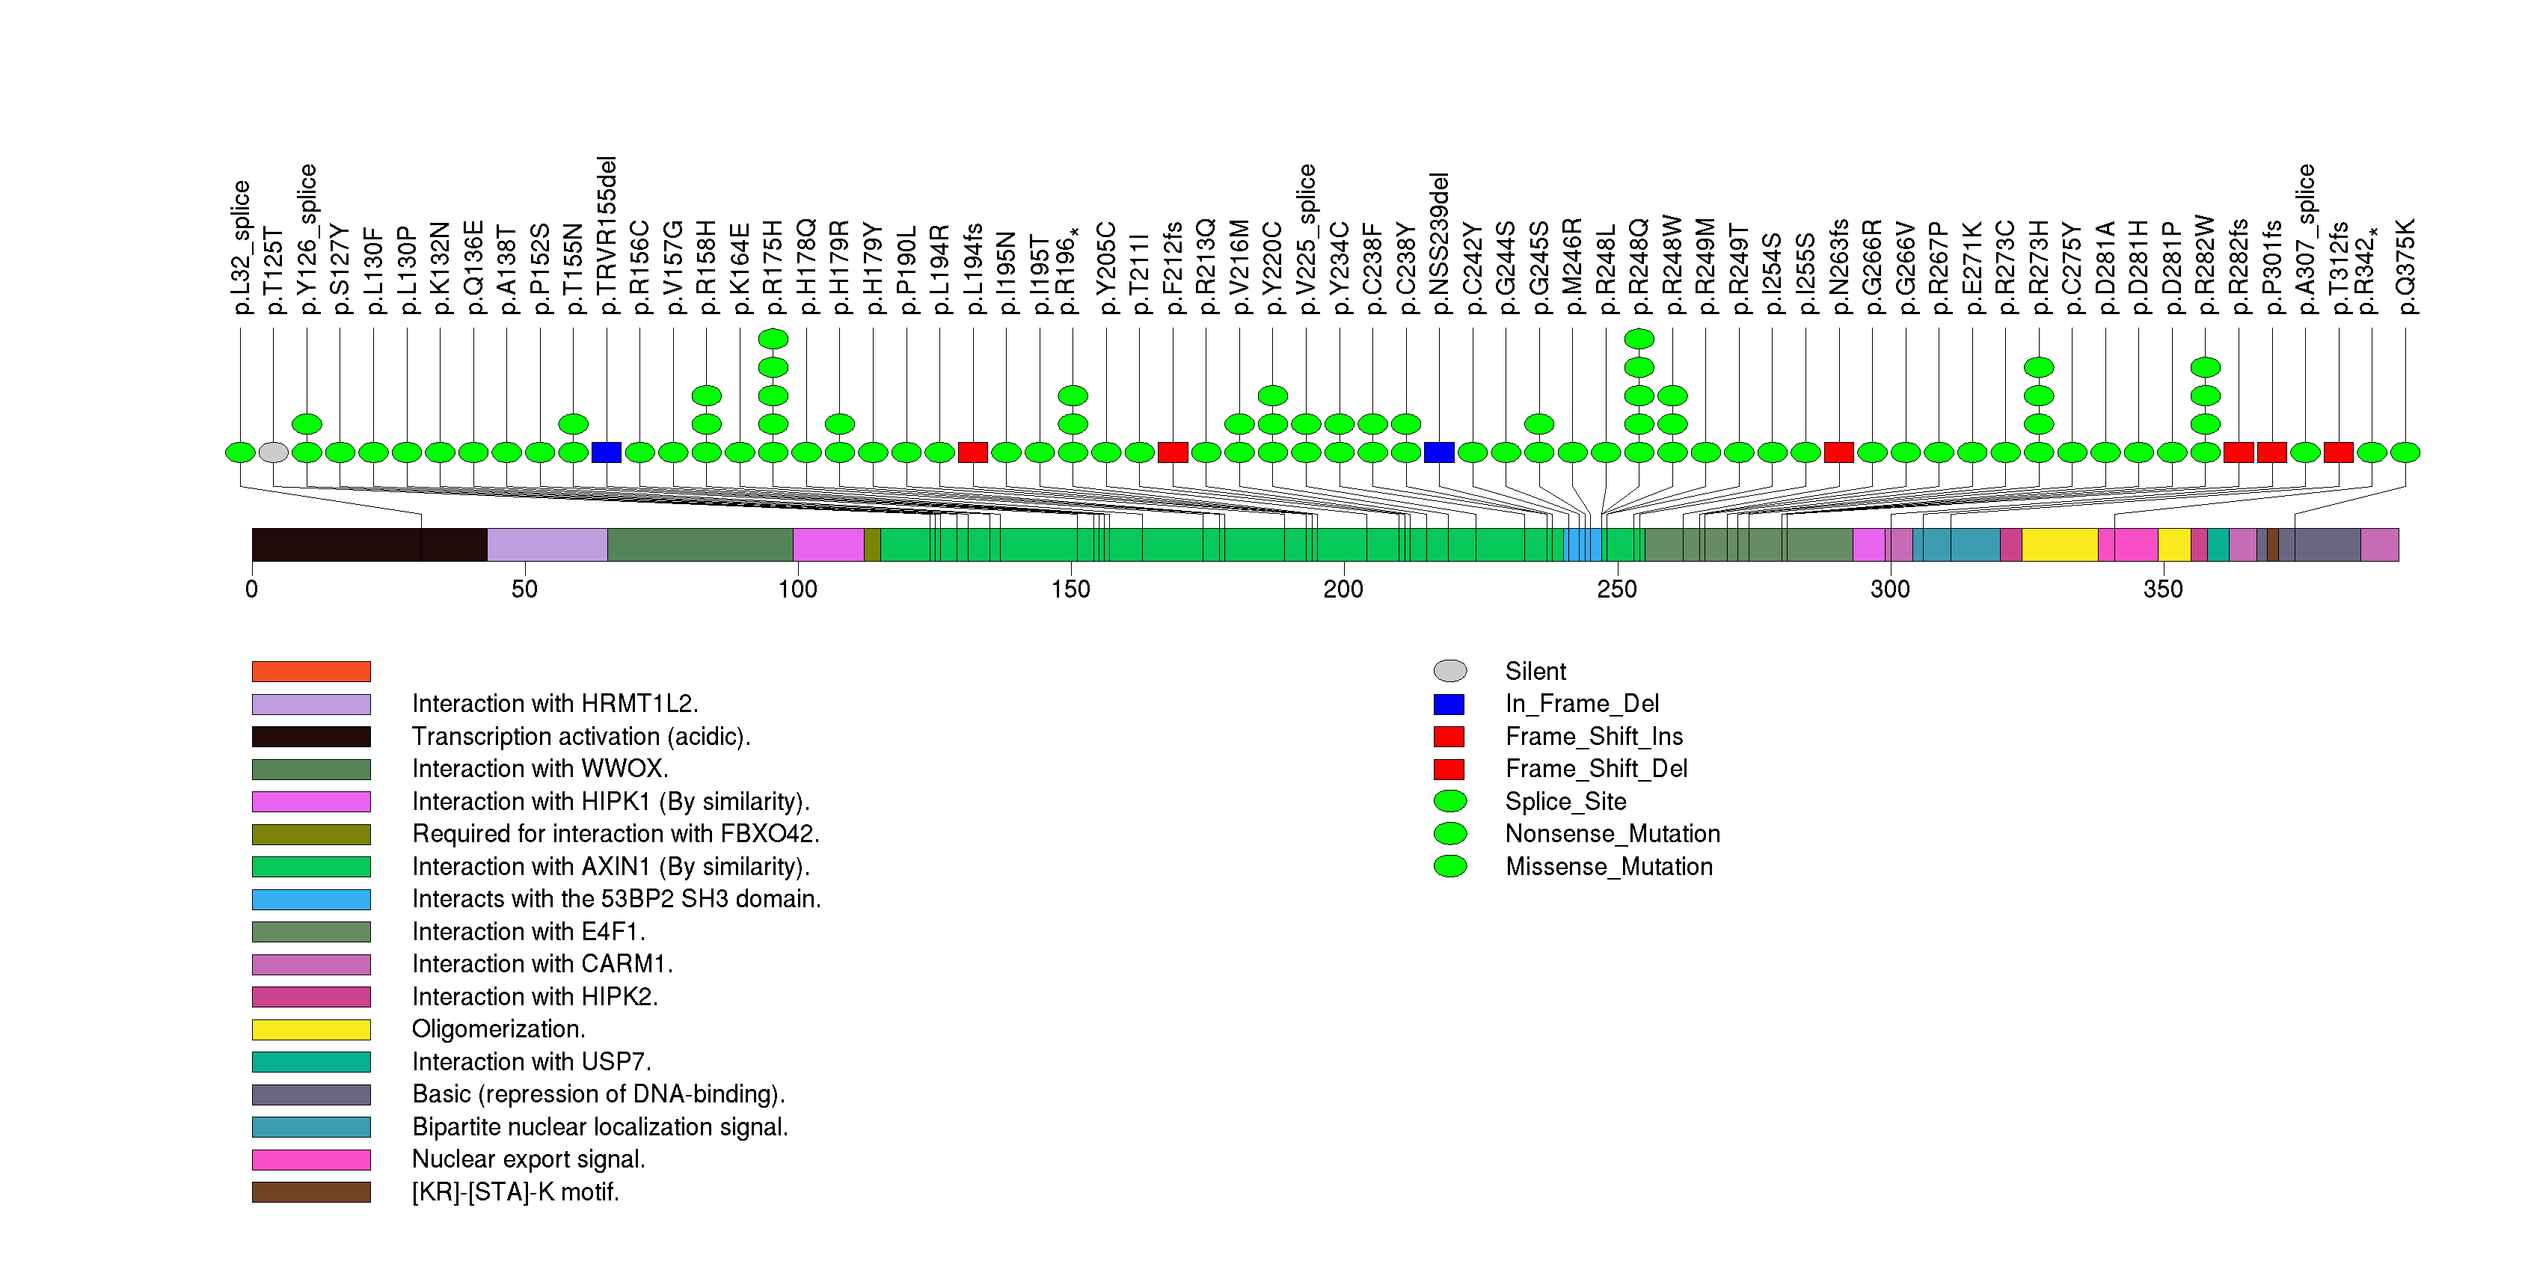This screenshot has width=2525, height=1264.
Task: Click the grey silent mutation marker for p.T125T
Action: tap(274, 452)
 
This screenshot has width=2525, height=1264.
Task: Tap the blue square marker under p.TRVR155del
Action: tap(607, 452)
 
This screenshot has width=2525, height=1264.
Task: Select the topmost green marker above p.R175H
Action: tap(773, 339)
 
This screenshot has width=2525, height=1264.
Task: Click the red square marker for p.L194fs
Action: tap(973, 452)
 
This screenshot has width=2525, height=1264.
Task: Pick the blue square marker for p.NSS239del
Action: tap(1439, 452)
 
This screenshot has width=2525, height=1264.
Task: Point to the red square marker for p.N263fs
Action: tap(1839, 452)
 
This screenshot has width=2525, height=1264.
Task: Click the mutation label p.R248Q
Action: tap(1639, 266)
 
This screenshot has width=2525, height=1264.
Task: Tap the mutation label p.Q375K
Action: tap(2405, 266)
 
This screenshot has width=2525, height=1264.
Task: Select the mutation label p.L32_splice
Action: tap(240, 247)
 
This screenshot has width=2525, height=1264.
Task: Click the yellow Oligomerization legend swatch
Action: tap(312, 1030)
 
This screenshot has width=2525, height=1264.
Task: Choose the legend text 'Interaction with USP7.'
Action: tap(531, 1062)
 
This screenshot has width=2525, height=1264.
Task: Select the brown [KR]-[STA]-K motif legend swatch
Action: tap(312, 1192)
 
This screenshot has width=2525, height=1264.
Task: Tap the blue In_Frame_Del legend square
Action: tap(1449, 705)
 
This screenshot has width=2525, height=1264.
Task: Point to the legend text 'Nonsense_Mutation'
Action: tap(1613, 834)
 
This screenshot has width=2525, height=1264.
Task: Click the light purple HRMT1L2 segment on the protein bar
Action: tap(547, 544)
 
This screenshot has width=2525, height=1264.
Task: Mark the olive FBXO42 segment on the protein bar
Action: tap(872, 544)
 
